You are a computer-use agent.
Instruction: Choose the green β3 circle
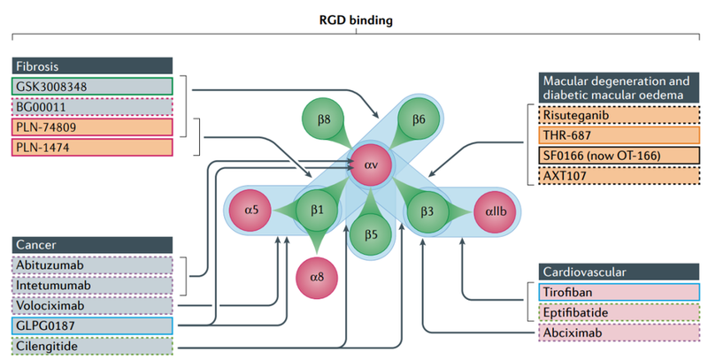422,212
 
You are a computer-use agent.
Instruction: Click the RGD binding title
354,17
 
